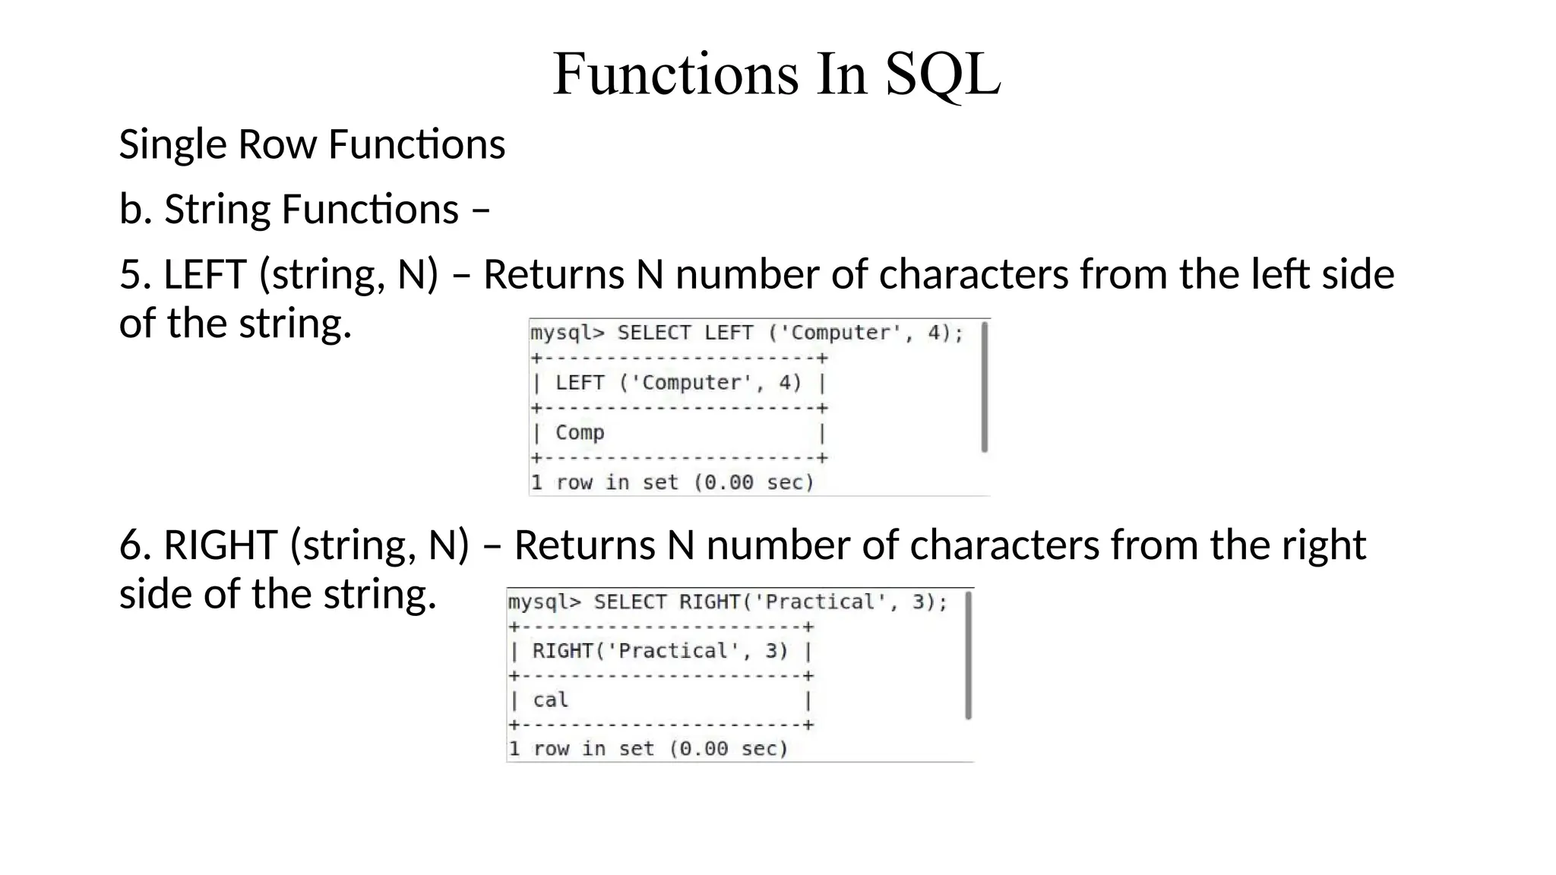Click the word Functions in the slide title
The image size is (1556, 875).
tap(675, 74)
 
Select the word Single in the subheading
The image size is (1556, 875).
tap(172, 144)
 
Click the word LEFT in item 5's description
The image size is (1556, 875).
tap(205, 274)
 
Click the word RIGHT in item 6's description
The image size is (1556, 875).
tap(220, 545)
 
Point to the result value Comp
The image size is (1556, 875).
tap(580, 433)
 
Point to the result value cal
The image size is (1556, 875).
tap(550, 700)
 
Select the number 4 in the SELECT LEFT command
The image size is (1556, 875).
tap(935, 333)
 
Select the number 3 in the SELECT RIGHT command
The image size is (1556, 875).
tap(919, 602)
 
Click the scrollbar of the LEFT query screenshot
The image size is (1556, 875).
tap(984, 387)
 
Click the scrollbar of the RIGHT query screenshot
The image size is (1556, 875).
tap(968, 655)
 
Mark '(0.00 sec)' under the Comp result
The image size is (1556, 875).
tap(754, 483)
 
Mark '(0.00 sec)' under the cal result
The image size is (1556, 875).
tap(729, 749)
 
